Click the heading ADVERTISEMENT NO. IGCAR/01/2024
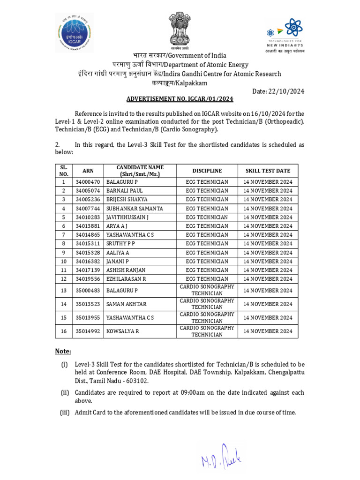coord(180,99)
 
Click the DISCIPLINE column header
coord(207,171)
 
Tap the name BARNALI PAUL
coord(124,191)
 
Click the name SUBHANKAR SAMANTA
coord(135,208)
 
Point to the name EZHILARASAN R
coord(126,279)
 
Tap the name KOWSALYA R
coord(122,331)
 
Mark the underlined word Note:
coord(63,351)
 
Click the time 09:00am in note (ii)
coord(195,392)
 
